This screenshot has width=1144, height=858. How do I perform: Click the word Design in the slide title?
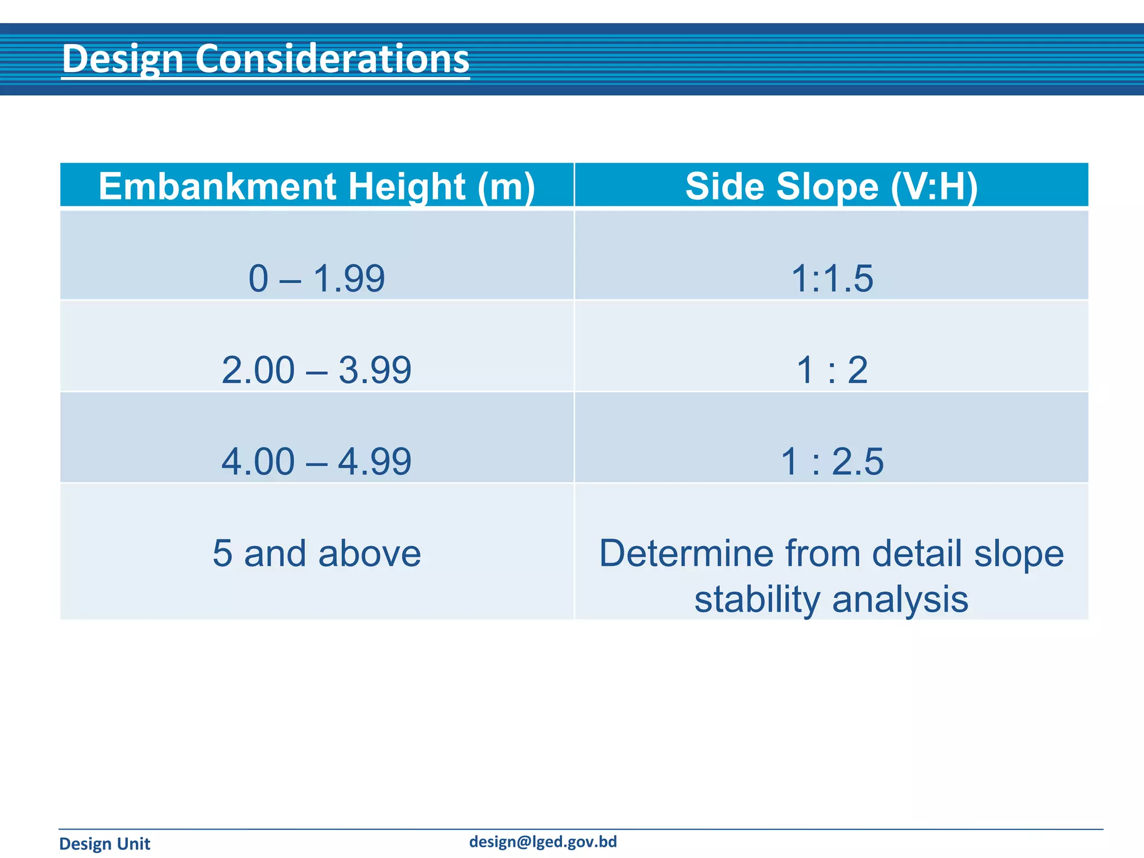click(x=123, y=59)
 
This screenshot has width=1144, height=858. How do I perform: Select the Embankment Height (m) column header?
click(x=317, y=186)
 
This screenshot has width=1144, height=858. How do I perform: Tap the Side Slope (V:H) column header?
click(x=831, y=186)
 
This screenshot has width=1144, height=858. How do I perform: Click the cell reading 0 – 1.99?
click(x=317, y=278)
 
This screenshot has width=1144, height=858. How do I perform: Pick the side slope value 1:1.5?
click(x=832, y=278)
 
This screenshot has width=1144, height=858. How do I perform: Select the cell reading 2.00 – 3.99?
click(x=317, y=370)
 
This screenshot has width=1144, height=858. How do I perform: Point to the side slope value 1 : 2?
click(x=832, y=370)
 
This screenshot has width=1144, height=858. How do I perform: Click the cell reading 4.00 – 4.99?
click(x=317, y=461)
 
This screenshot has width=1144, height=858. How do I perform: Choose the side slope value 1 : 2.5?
click(x=832, y=461)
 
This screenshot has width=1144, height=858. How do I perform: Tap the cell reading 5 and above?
click(x=317, y=553)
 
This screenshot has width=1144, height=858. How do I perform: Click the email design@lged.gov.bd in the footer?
click(x=543, y=842)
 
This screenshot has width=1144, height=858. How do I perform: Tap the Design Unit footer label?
click(x=104, y=843)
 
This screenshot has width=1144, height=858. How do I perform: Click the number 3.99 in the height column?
click(x=375, y=370)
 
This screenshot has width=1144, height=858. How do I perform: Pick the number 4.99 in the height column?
click(x=375, y=461)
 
